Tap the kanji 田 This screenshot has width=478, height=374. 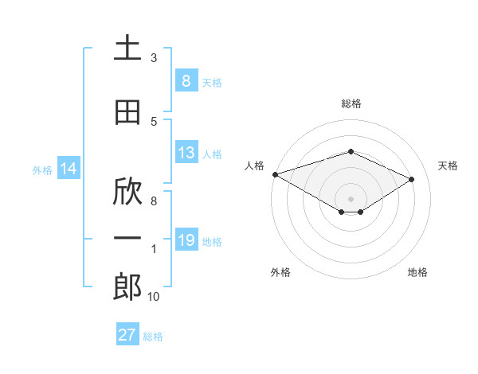pyautogui.click(x=128, y=113)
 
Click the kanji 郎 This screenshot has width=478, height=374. pyautogui.click(x=128, y=287)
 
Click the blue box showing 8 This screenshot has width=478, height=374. pyautogui.click(x=186, y=80)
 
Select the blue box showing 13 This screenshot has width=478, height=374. pyautogui.click(x=186, y=153)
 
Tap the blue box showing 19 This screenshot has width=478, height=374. pyautogui.click(x=186, y=240)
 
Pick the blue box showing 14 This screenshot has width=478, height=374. pyautogui.click(x=69, y=169)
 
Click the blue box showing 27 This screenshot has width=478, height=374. pyautogui.click(x=127, y=335)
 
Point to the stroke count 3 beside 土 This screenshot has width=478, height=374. pyautogui.click(x=154, y=58)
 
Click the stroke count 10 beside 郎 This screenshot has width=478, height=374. pyautogui.click(x=154, y=297)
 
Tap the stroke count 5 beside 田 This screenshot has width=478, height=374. pyautogui.click(x=154, y=121)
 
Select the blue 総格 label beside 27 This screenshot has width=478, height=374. pyautogui.click(x=153, y=337)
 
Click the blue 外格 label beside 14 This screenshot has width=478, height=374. pyautogui.click(x=42, y=169)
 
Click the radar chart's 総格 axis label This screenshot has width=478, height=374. pyautogui.click(x=351, y=103)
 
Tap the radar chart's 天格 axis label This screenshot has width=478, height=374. pyautogui.click(x=449, y=166)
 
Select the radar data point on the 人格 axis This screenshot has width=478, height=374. pyautogui.click(x=275, y=174)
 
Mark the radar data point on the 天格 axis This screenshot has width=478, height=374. pyautogui.click(x=412, y=180)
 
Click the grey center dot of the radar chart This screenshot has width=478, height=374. pyautogui.click(x=351, y=197)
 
